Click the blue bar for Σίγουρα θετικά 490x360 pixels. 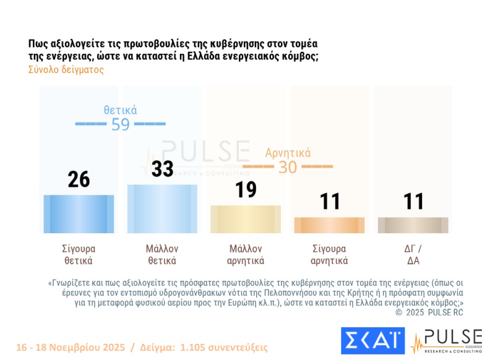click(x=79, y=213)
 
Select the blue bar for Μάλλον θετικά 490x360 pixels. click(x=162, y=208)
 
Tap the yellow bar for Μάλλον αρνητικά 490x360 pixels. click(x=246, y=219)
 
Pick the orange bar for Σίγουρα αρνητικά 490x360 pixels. click(x=329, y=225)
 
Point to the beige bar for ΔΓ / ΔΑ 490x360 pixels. click(x=413, y=225)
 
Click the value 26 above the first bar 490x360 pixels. click(x=79, y=179)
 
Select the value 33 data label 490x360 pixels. click(x=162, y=169)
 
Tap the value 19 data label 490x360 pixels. click(x=246, y=190)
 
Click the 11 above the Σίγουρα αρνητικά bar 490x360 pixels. click(x=329, y=202)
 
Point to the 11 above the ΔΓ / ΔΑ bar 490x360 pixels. click(x=413, y=202)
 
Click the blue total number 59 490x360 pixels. click(x=120, y=124)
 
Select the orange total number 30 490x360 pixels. click(x=288, y=167)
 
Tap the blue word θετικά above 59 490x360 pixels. click(x=120, y=110)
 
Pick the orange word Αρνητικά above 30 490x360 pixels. click(x=288, y=153)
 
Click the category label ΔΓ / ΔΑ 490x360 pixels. click(x=413, y=254)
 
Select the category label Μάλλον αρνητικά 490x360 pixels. click(x=246, y=254)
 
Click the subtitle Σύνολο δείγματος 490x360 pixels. click(x=66, y=70)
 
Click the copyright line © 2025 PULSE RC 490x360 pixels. click(x=429, y=312)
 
